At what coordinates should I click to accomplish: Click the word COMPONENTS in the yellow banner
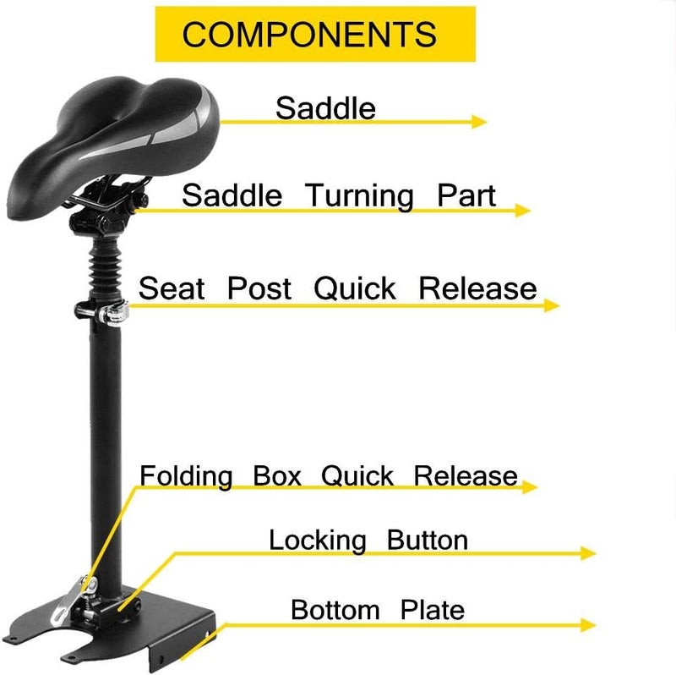point(309,34)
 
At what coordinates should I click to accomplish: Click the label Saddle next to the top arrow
point(325,108)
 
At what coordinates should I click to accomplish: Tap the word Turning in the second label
point(359,197)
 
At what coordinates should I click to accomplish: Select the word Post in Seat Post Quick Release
point(259,288)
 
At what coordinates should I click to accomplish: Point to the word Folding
point(186,477)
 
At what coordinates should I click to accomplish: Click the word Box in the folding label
point(277,475)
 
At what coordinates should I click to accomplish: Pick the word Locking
point(318,541)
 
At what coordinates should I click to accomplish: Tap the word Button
point(428,540)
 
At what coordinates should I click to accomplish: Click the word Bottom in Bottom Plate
point(335,610)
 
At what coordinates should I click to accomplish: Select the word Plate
point(433,610)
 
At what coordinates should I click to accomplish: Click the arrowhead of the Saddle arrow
point(479,122)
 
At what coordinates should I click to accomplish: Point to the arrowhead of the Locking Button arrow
point(588,553)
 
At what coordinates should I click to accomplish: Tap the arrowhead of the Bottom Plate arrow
point(588,625)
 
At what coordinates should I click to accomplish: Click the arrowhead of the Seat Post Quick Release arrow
point(552,305)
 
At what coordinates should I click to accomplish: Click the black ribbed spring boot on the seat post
point(105,268)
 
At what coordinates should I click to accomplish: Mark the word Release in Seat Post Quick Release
point(477,288)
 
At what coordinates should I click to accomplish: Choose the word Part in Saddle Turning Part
point(466,195)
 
